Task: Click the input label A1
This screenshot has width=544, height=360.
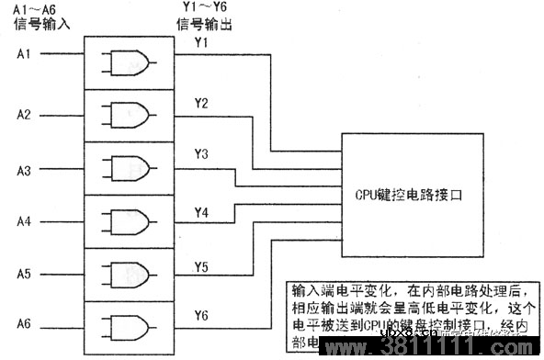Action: pyautogui.click(x=24, y=53)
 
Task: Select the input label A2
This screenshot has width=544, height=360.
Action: pyautogui.click(x=24, y=115)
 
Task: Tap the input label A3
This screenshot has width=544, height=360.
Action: pyautogui.click(x=24, y=170)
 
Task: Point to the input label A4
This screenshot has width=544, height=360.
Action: pyautogui.click(x=24, y=221)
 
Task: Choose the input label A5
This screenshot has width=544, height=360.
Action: pyautogui.click(x=24, y=274)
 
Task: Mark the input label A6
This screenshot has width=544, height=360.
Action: pyautogui.click(x=24, y=324)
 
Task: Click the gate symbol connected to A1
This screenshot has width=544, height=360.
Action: pyautogui.click(x=129, y=62)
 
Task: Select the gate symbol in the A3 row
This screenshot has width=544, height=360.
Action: pyautogui.click(x=129, y=168)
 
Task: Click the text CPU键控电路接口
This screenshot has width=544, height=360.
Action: pyautogui.click(x=406, y=195)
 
